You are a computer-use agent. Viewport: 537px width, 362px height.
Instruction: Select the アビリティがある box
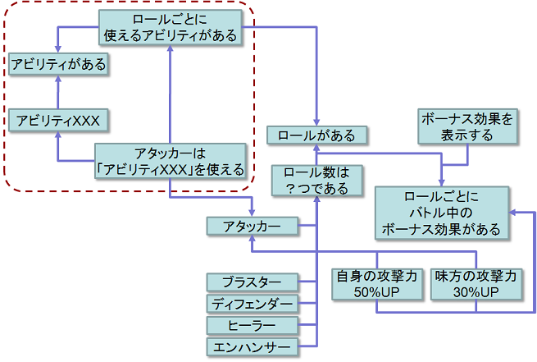[x=59, y=63]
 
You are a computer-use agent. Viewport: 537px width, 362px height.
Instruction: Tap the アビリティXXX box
[x=59, y=121]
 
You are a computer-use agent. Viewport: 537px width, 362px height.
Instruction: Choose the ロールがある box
[x=316, y=135]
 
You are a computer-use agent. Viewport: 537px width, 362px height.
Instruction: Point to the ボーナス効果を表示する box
[x=467, y=127]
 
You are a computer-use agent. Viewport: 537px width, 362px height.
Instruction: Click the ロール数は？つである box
[x=316, y=181]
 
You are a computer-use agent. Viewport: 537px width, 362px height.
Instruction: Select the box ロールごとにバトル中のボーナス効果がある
[x=441, y=212]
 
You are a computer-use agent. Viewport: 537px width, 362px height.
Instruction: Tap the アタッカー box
[x=252, y=225]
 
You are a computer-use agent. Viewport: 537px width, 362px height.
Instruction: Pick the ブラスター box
[x=252, y=282]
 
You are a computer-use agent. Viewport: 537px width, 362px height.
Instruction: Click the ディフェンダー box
[x=252, y=305]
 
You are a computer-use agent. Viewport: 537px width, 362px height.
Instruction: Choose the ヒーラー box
[x=252, y=326]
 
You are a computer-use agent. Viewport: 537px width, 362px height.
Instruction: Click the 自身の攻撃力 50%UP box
[x=376, y=284]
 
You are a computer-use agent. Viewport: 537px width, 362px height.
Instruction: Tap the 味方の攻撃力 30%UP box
[x=477, y=284]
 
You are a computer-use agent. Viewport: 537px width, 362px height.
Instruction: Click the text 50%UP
[x=376, y=293]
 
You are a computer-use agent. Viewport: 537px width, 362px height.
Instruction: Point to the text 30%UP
[x=477, y=293]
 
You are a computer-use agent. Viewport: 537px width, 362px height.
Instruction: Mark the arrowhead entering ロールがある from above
[x=316, y=121]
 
